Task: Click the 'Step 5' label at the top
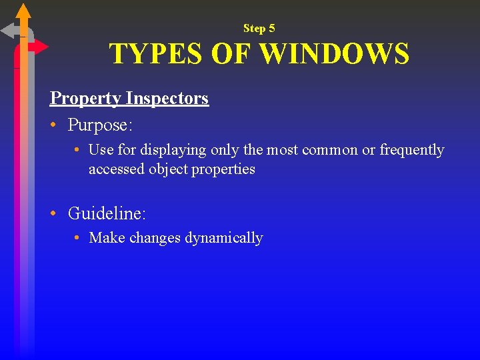click(x=259, y=28)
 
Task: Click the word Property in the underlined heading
click(x=85, y=99)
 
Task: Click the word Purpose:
click(x=100, y=125)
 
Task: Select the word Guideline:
click(x=107, y=214)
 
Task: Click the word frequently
click(x=412, y=150)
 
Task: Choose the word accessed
click(x=117, y=169)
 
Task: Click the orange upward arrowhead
click(x=23, y=11)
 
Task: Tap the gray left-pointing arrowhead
click(x=9, y=31)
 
